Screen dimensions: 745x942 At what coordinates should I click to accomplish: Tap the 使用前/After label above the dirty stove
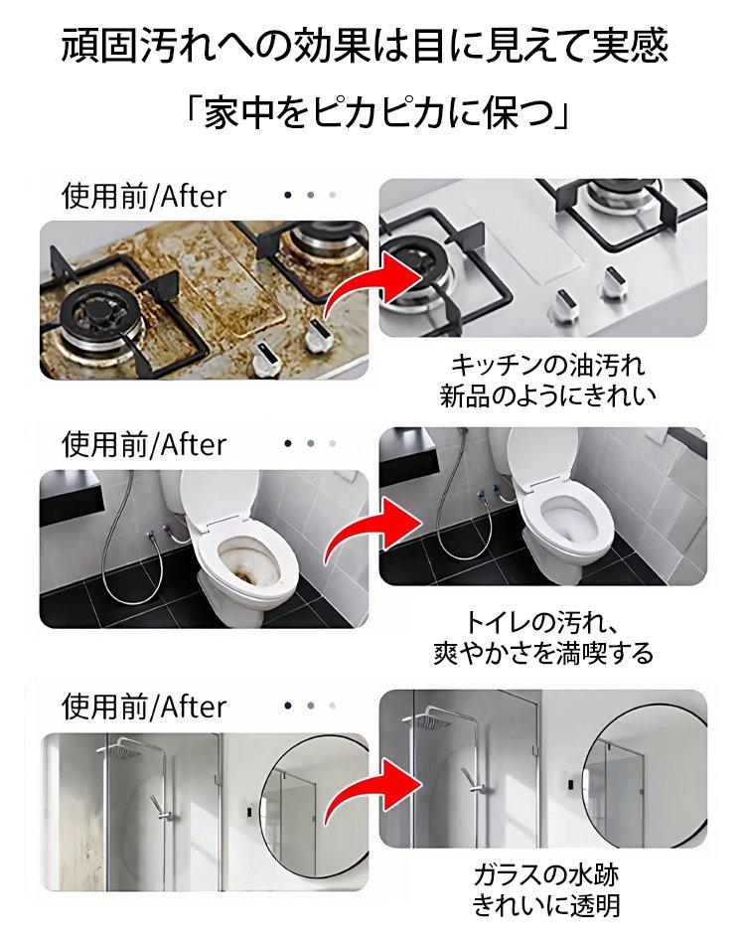pyautogui.click(x=144, y=197)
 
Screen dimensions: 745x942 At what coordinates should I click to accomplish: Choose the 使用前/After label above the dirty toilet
pyautogui.click(x=144, y=445)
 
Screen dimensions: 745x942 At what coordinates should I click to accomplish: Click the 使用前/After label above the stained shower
pyautogui.click(x=144, y=706)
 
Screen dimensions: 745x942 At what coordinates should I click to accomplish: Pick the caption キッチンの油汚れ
pyautogui.click(x=547, y=365)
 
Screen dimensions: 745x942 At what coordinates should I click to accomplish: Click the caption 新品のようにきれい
pyautogui.click(x=547, y=395)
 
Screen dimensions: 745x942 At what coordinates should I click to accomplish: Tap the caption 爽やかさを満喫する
pyautogui.click(x=543, y=653)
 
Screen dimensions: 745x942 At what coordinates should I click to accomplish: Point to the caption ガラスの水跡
pyautogui.click(x=545, y=874)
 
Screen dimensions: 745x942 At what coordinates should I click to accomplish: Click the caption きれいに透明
pyautogui.click(x=545, y=905)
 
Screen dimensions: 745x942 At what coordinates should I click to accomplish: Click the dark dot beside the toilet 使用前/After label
pyautogui.click(x=288, y=444)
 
